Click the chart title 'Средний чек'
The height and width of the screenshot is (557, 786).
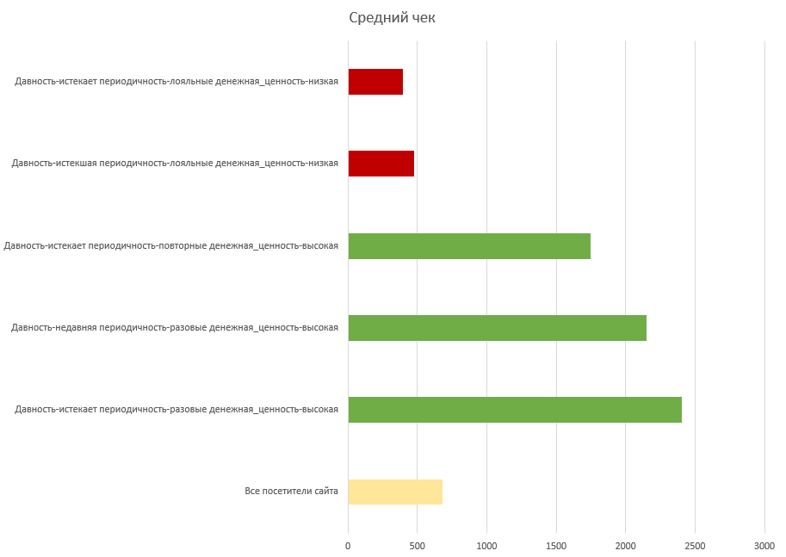(392, 18)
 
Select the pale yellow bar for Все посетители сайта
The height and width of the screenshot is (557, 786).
(395, 492)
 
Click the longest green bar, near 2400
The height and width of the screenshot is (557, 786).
(515, 410)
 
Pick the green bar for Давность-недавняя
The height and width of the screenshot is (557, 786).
(497, 328)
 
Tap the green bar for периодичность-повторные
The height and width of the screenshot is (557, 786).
(469, 246)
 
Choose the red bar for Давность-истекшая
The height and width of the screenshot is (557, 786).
(381, 164)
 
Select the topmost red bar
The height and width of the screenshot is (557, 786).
(375, 82)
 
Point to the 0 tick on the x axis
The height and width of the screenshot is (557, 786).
(348, 545)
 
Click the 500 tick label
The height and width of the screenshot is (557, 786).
(418, 545)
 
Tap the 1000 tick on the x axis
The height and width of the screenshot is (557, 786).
(486, 545)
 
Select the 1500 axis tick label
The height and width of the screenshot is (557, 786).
(556, 545)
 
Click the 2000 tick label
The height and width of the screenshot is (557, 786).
(626, 545)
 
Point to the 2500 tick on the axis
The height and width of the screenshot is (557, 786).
(695, 545)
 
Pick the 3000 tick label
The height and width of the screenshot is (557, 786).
(764, 545)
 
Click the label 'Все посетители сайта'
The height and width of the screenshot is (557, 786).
(291, 492)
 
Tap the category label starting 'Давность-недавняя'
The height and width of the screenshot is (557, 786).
(174, 328)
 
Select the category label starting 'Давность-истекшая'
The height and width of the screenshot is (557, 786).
(174, 164)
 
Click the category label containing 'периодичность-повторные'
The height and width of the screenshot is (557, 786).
(170, 246)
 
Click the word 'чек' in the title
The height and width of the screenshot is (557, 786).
(421, 18)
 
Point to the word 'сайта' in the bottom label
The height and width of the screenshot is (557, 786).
(325, 492)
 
